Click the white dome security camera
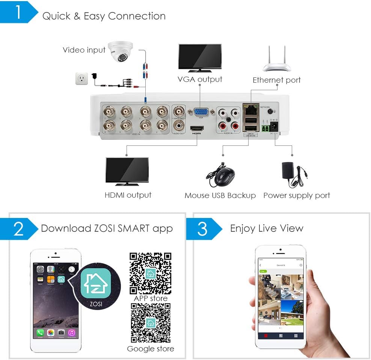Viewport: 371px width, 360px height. click(x=119, y=53)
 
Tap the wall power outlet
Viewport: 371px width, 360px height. click(x=81, y=79)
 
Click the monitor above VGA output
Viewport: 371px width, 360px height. click(x=199, y=57)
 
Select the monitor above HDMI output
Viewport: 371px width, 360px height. click(x=127, y=170)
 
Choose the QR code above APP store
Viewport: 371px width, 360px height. click(x=151, y=273)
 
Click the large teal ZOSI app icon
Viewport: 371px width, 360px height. click(x=95, y=280)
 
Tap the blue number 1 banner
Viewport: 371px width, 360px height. click(x=19, y=12)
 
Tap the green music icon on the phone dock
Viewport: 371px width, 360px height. click(x=71, y=333)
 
